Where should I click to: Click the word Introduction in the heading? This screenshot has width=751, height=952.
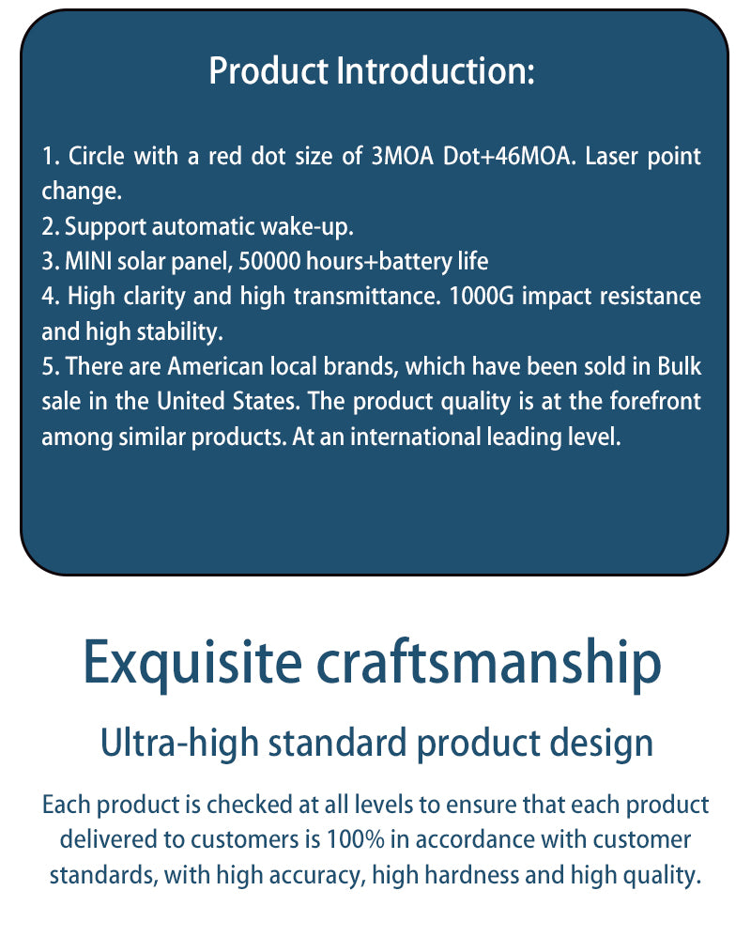click(x=436, y=70)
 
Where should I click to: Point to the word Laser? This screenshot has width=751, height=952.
click(x=611, y=156)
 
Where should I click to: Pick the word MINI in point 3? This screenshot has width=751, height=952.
click(x=88, y=261)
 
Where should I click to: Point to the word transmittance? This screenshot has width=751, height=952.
click(x=367, y=297)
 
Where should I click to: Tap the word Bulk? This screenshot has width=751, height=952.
click(x=680, y=366)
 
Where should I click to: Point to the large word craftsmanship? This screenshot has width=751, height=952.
click(x=489, y=663)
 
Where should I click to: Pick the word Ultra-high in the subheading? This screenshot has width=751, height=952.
click(x=179, y=744)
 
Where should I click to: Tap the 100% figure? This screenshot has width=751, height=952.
click(x=355, y=839)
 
